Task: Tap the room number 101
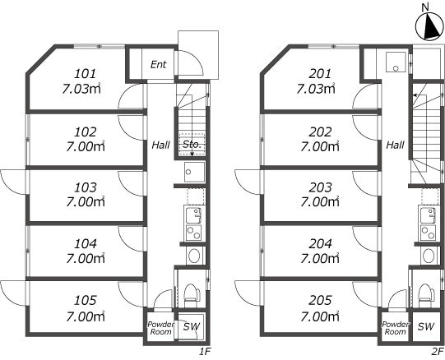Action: pyautogui.click(x=86, y=74)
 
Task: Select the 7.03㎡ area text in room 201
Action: pyautogui.click(x=316, y=89)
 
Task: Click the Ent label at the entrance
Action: pyautogui.click(x=159, y=64)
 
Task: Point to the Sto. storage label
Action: pyautogui.click(x=192, y=145)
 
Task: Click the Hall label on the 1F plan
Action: pyautogui.click(x=160, y=145)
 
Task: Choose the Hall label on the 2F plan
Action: pyautogui.click(x=395, y=145)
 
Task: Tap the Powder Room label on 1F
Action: pyautogui.click(x=160, y=328)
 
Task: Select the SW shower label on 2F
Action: pyautogui.click(x=426, y=327)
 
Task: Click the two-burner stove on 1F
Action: pyautogui.click(x=194, y=233)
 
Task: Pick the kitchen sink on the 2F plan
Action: pyautogui.click(x=428, y=215)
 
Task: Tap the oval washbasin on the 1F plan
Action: pyautogui.click(x=194, y=256)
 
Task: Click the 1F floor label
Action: pyautogui.click(x=204, y=352)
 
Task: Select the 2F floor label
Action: pyautogui.click(x=438, y=352)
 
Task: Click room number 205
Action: pyautogui.click(x=320, y=301)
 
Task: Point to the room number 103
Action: pyautogui.click(x=86, y=187)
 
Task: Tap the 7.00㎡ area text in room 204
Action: pyautogui.click(x=320, y=258)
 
